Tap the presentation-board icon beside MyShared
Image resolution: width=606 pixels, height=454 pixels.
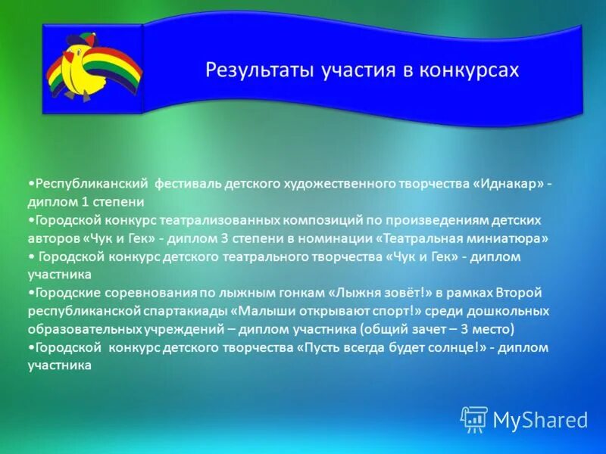pos(473,419)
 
